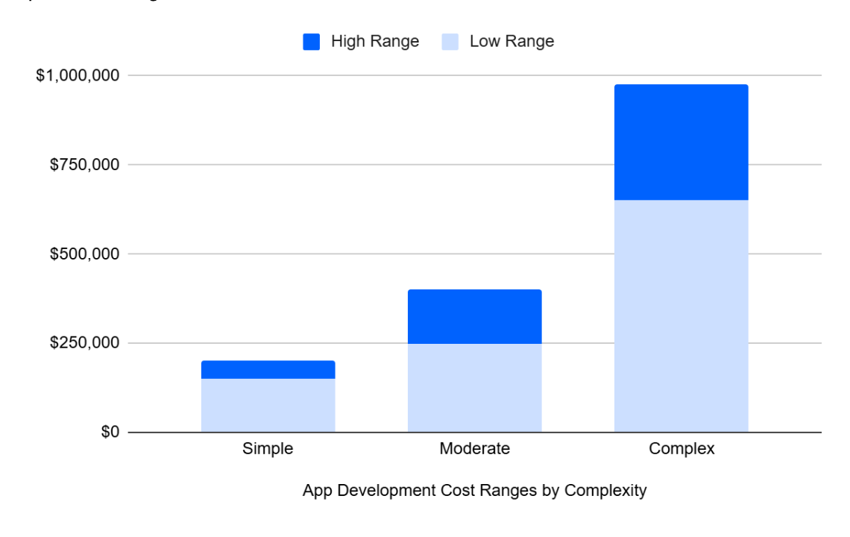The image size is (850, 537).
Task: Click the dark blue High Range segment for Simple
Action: [268, 370]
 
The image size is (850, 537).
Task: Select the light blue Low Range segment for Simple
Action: [268, 405]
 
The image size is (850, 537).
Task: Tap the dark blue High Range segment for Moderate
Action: [474, 316]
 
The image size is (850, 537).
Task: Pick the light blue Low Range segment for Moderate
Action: [474, 387]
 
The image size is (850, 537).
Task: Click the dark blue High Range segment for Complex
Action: [681, 142]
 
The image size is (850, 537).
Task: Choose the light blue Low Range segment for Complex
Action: [681, 315]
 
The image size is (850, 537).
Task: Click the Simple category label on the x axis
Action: [268, 449]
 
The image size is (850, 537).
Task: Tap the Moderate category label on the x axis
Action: [474, 449]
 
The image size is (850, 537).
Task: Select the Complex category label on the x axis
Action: [681, 449]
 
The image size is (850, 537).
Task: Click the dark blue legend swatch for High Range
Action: [311, 42]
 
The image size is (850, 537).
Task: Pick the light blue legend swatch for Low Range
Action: [450, 42]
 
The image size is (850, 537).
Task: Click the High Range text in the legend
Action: [375, 42]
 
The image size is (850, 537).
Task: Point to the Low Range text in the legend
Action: [511, 42]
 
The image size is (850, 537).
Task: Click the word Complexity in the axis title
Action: [605, 491]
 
